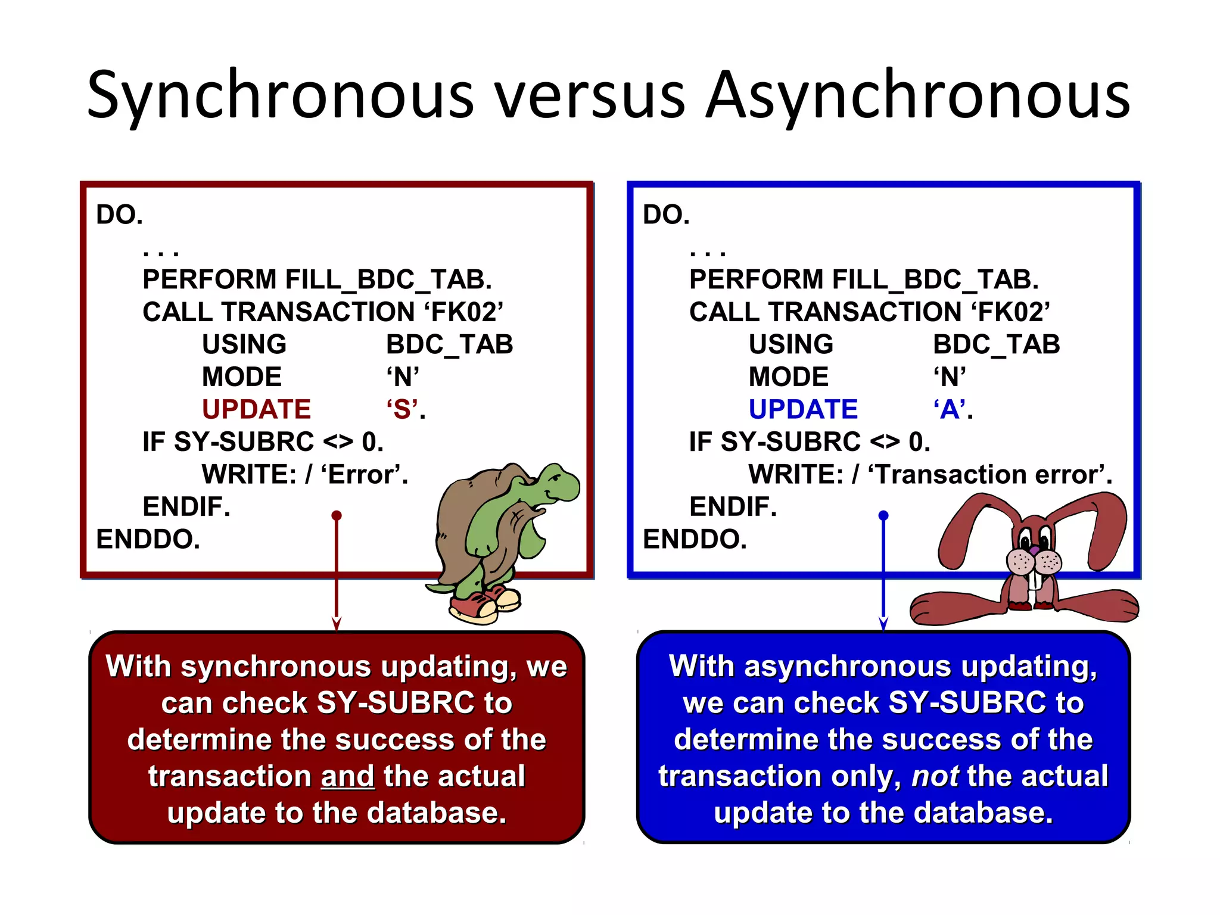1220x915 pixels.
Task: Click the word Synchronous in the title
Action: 280,95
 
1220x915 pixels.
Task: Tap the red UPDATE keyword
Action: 256,409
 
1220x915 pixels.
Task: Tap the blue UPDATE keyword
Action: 803,409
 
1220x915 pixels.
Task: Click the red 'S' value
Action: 403,409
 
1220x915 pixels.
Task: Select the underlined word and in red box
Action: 347,776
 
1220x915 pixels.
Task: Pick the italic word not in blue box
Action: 935,776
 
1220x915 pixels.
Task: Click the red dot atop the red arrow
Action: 337,515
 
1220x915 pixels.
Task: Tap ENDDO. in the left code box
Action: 148,539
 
